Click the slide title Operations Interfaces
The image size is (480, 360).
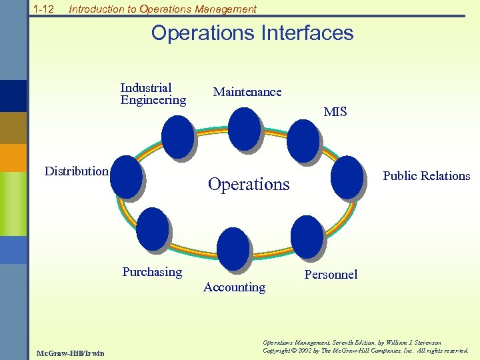252,33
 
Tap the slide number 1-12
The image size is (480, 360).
44,9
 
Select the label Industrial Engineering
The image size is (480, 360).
153,94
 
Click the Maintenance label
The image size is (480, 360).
247,92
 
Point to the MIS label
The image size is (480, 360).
335,112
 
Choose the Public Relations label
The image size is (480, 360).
426,176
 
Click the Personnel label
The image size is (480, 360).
331,275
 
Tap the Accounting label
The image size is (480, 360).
234,287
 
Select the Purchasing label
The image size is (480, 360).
152,272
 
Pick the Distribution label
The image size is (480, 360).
76,171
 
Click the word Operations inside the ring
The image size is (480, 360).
249,184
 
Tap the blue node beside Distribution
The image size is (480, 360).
126,177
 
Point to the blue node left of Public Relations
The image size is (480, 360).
347,177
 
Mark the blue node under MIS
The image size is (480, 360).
303,140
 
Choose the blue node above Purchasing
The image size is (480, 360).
153,229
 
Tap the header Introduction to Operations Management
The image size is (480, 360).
162,9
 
